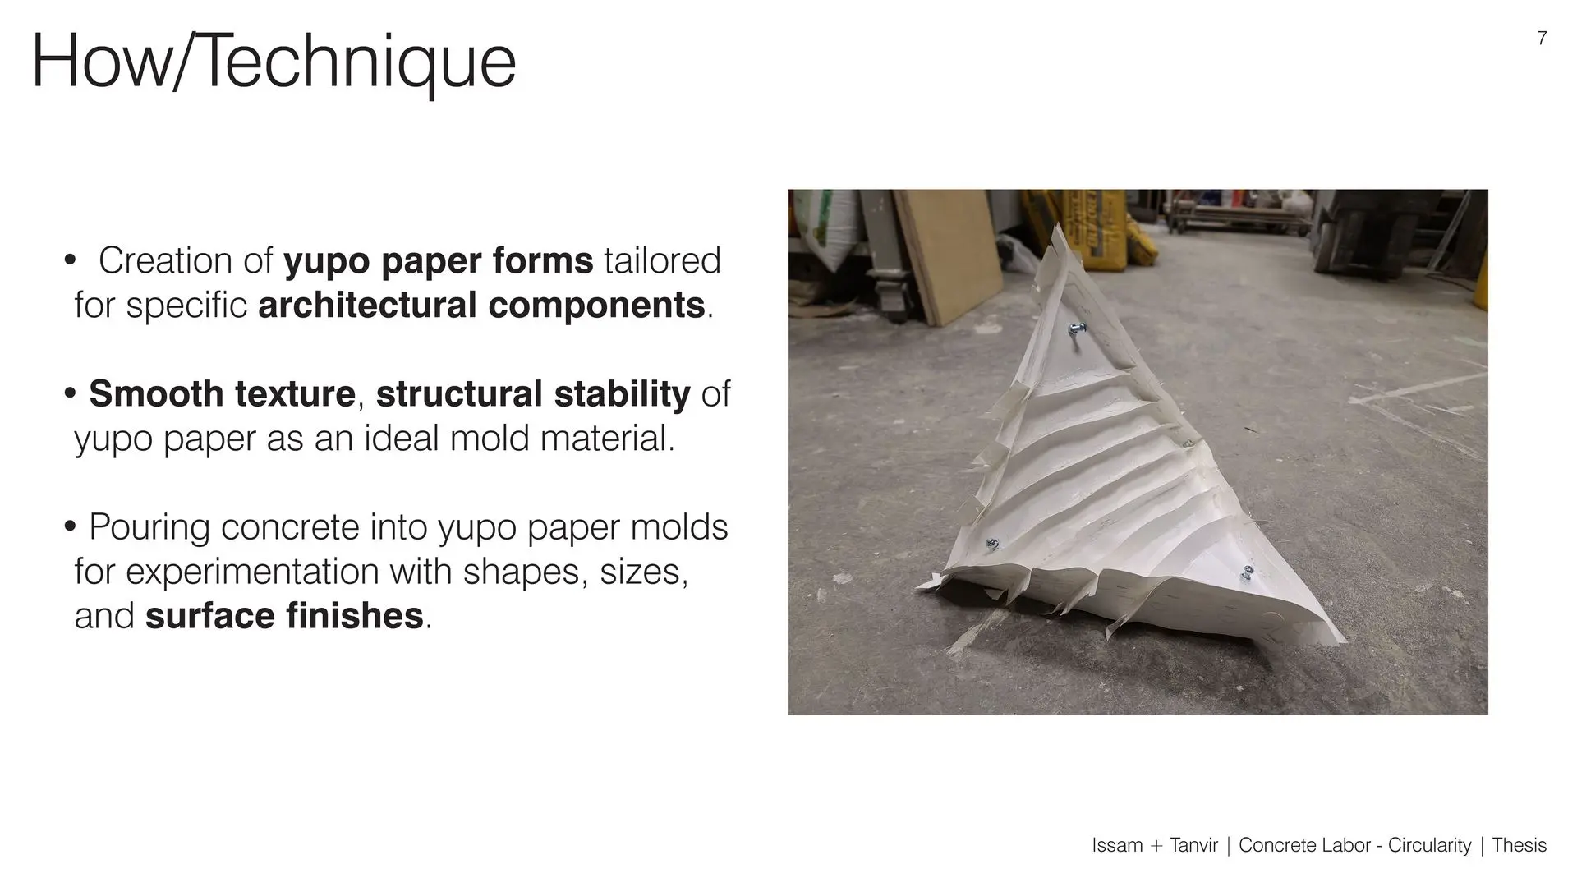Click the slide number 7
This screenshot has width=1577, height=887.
pyautogui.click(x=1542, y=39)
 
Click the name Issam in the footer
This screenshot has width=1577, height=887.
pyautogui.click(x=1117, y=845)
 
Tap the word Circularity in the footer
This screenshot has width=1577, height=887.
pyautogui.click(x=1429, y=846)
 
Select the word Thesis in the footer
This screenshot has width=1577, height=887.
pyautogui.click(x=1519, y=845)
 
